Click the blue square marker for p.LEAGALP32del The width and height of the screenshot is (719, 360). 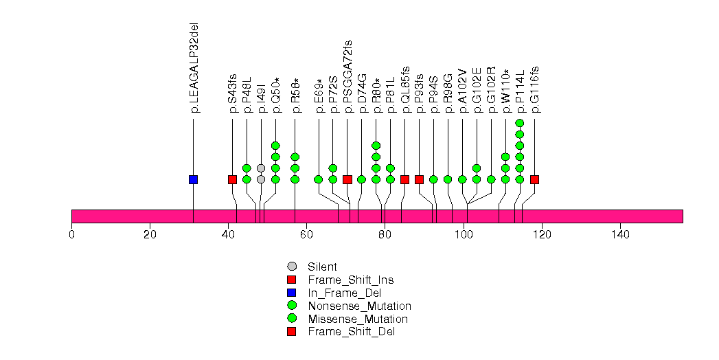(193, 179)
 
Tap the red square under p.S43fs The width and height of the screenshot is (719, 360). (232, 179)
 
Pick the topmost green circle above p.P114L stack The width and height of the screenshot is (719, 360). (520, 123)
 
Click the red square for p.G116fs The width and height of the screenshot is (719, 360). (534, 179)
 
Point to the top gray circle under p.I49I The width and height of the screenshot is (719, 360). (261, 168)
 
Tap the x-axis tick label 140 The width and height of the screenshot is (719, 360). (620, 235)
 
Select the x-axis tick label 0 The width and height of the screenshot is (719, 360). (71, 235)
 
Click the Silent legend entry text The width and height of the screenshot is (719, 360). (322, 267)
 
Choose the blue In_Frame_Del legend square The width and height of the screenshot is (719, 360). (291, 293)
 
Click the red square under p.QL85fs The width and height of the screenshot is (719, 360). (404, 179)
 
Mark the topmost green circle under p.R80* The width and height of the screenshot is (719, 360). (376, 146)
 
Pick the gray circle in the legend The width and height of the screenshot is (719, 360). (291, 267)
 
